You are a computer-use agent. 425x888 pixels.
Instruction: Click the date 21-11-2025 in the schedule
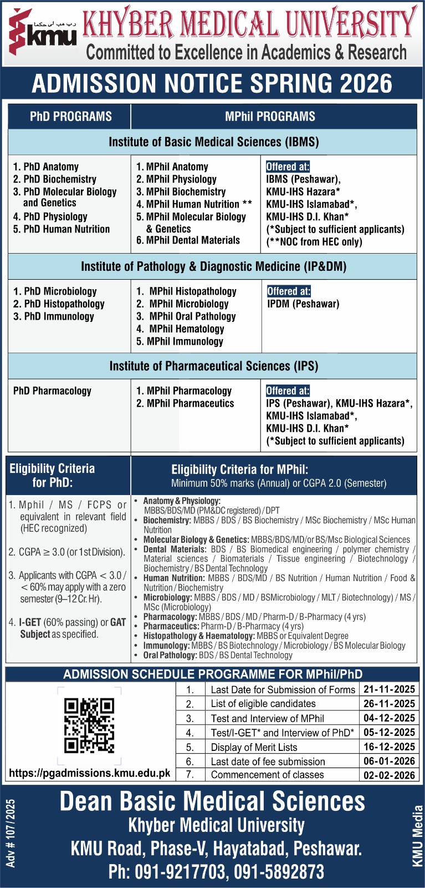(389, 689)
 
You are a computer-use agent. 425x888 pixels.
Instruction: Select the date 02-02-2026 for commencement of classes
(389, 775)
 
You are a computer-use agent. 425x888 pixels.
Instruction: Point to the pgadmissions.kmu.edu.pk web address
(90, 773)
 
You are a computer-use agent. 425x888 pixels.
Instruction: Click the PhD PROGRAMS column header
(70, 117)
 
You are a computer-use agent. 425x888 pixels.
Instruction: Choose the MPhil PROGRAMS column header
(270, 117)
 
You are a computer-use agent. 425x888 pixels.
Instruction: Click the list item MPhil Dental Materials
(188, 240)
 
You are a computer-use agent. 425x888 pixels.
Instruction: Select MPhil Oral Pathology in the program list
(186, 316)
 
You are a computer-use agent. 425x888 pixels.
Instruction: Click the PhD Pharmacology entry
(52, 391)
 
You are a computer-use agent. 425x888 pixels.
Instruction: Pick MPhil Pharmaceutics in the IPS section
(185, 403)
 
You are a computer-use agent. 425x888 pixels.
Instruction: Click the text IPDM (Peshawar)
(303, 304)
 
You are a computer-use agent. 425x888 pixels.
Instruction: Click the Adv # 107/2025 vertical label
(11, 833)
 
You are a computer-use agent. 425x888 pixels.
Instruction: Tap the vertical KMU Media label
(417, 835)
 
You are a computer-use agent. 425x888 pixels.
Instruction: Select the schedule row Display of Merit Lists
(254, 747)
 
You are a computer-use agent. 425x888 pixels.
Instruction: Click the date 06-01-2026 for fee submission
(389, 761)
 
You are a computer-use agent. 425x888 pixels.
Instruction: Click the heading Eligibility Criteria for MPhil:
(239, 470)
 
